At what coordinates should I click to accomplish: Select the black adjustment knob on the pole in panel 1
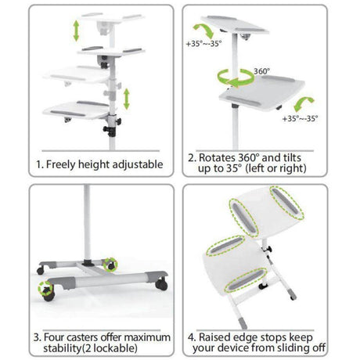click(x=119, y=121)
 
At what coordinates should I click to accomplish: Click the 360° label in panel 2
click(x=263, y=70)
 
